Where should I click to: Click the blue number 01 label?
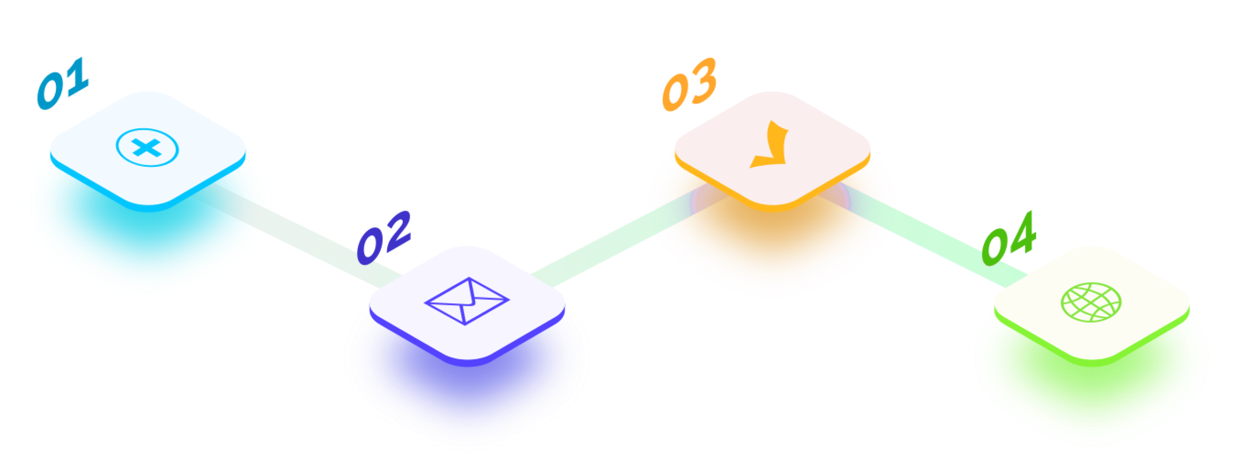63,84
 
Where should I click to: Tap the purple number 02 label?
384,238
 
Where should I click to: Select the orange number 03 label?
689,85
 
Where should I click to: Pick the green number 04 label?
1009,239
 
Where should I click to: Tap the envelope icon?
467,301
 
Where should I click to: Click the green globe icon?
1091,302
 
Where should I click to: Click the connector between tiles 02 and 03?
627,236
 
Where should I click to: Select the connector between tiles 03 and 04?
924,236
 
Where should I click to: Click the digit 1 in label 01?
76,78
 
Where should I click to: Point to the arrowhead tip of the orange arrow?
750,167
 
